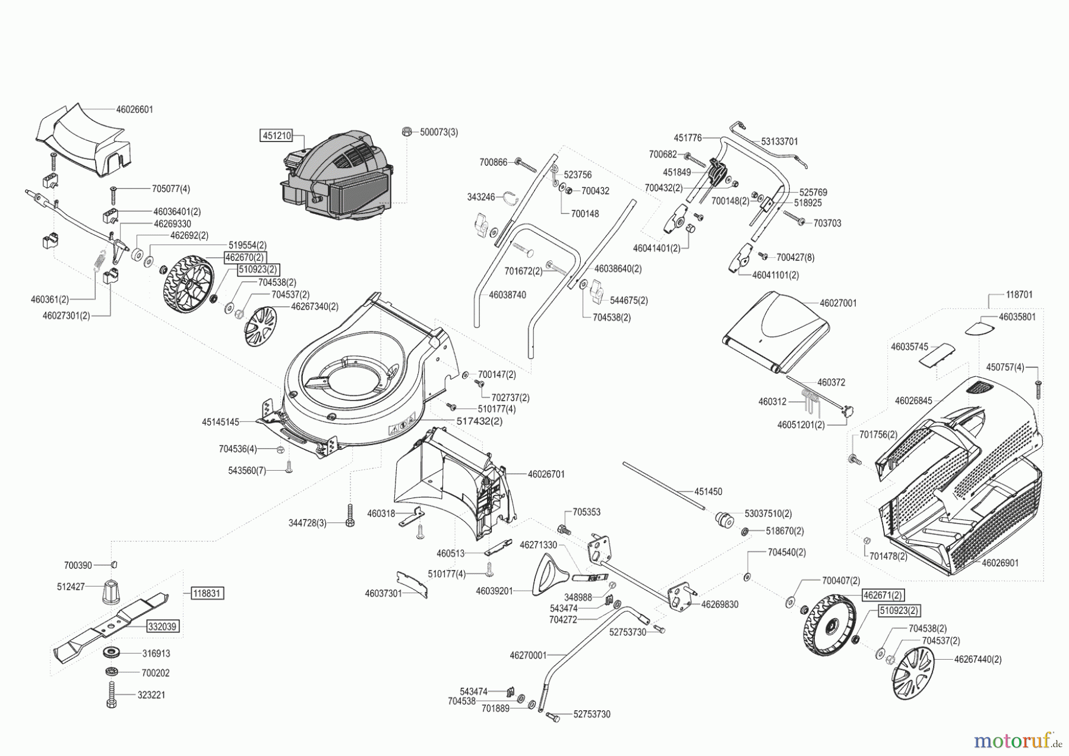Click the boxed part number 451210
pyautogui.click(x=276, y=136)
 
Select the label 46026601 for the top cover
pyautogui.click(x=134, y=109)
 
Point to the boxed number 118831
pyautogui.click(x=207, y=593)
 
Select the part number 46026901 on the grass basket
pyautogui.click(x=1000, y=562)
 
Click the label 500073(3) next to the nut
pyautogui.click(x=439, y=132)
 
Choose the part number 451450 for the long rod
pyautogui.click(x=708, y=492)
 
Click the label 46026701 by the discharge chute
pyautogui.click(x=546, y=474)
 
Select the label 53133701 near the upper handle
pyautogui.click(x=780, y=141)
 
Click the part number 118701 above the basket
pyautogui.click(x=1019, y=294)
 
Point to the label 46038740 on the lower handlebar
pyautogui.click(x=507, y=295)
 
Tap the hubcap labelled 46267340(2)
pyautogui.click(x=261, y=326)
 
